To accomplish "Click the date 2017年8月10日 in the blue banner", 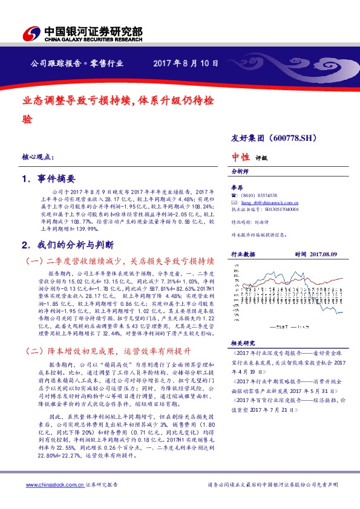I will (x=185, y=63).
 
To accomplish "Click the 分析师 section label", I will (x=241, y=172).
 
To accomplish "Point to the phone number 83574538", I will (x=264, y=195).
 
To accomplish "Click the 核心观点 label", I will (x=38, y=156).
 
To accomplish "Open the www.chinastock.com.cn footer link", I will (x=51, y=485).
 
